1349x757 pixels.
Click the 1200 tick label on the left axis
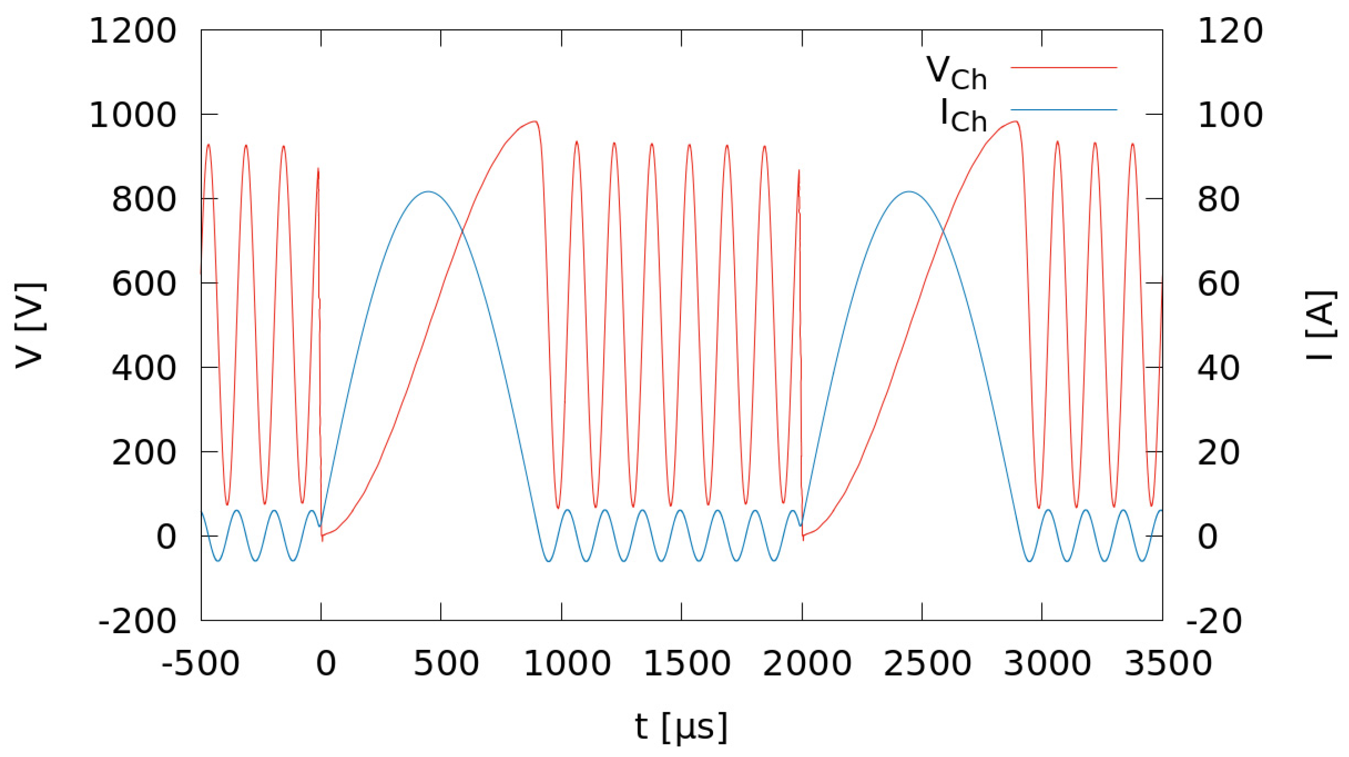click(x=133, y=31)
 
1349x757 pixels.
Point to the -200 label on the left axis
click(x=137, y=622)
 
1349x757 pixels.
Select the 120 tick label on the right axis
click(x=1230, y=31)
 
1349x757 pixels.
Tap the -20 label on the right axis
click(x=1214, y=622)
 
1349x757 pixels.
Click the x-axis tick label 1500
click(x=686, y=664)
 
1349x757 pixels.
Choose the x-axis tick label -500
click(x=201, y=664)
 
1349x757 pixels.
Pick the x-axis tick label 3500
click(x=1168, y=664)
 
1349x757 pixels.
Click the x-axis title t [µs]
click(x=681, y=727)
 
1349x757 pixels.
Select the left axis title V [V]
click(x=30, y=326)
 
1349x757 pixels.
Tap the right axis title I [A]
click(x=1320, y=326)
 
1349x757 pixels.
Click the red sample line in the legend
click(x=1064, y=67)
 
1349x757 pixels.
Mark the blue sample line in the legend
click(x=1064, y=110)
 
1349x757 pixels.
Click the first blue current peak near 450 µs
click(x=428, y=191)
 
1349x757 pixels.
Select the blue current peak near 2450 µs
click(x=909, y=191)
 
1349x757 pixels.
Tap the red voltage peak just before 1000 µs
click(x=534, y=121)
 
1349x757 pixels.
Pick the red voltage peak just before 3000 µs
click(x=1015, y=121)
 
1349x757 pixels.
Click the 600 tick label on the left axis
click(x=144, y=284)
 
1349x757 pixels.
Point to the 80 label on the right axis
click(x=1219, y=200)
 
